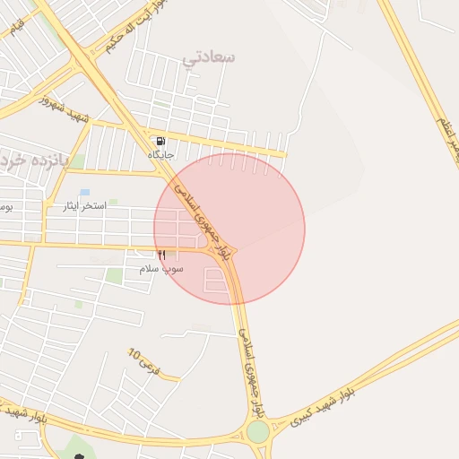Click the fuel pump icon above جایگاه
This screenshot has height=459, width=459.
(160, 141)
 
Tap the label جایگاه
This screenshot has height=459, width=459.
(160, 155)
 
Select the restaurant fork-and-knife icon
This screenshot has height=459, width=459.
(161, 255)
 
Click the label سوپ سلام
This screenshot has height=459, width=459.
(161, 269)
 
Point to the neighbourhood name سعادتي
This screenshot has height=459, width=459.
(208, 57)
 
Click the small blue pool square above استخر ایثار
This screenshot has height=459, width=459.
(85, 192)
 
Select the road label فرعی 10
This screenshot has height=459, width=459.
(144, 362)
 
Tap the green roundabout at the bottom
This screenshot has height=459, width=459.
(258, 432)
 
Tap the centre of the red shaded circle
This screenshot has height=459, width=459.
(229, 229)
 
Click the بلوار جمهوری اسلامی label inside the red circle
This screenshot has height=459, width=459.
(206, 221)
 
